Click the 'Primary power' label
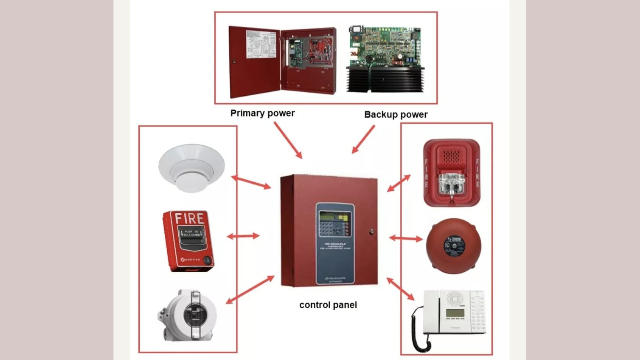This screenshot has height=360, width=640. pyautogui.click(x=262, y=113)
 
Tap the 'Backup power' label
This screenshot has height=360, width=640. pyautogui.click(x=396, y=114)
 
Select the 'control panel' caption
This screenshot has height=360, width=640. pyautogui.click(x=328, y=305)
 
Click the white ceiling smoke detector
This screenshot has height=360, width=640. pyautogui.click(x=191, y=167)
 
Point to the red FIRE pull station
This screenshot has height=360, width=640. pyautogui.click(x=188, y=241)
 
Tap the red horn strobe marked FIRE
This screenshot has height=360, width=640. pyautogui.click(x=452, y=173)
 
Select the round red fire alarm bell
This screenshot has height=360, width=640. pyautogui.click(x=453, y=246)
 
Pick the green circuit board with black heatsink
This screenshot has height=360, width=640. pyautogui.click(x=385, y=59)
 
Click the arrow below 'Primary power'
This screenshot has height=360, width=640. pyautogui.click(x=288, y=140)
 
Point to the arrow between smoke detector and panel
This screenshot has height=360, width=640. pyautogui.click(x=251, y=182)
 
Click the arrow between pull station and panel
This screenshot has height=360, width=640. pyautogui.click(x=243, y=236)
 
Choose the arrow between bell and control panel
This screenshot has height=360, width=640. pyautogui.click(x=405, y=238)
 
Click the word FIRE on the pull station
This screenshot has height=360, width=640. pyautogui.click(x=189, y=219)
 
